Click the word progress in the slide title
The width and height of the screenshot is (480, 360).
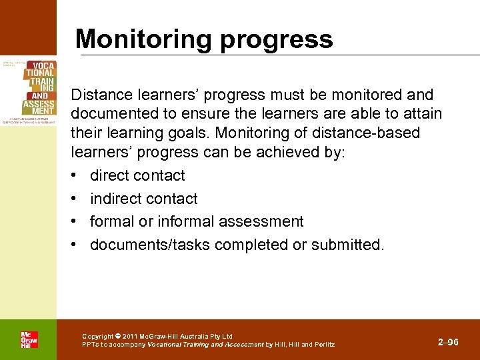(283, 39)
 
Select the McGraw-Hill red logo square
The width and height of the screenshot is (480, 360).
(28, 339)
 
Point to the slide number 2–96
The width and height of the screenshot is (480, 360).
(448, 342)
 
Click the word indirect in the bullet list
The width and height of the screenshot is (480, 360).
(115, 199)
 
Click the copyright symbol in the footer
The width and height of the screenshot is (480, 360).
(118, 336)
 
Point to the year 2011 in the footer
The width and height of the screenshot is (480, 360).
(131, 336)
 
